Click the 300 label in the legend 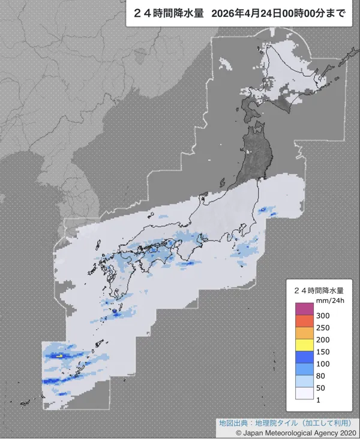322,315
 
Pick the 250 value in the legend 322,327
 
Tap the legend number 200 322,339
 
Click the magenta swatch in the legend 304,309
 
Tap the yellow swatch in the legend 304,345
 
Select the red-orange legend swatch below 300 304,321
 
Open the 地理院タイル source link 273,422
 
